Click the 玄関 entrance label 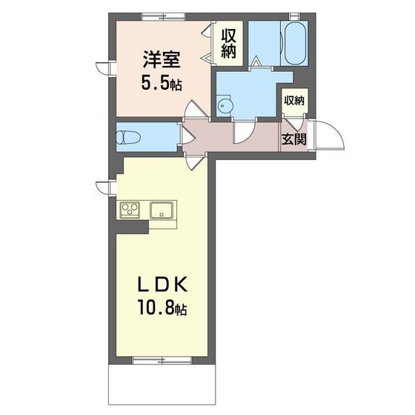[293, 139]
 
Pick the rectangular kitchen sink [162, 210]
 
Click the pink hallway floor [222, 137]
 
